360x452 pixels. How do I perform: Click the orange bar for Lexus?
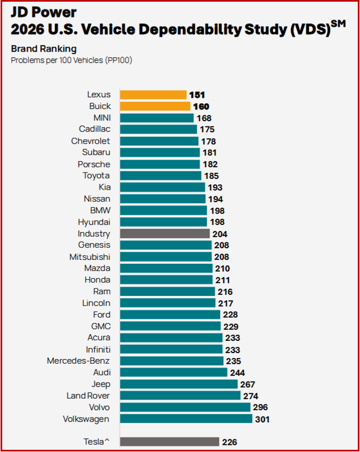coord(153,95)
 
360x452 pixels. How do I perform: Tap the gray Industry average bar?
coord(164,234)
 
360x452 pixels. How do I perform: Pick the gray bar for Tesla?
coord(169,442)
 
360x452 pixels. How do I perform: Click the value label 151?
coord(197,95)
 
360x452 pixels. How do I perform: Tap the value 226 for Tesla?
coord(229,442)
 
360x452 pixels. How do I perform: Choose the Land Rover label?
coord(88,396)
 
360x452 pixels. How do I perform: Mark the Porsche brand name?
coord(94,164)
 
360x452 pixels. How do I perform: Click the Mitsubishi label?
coord(89,257)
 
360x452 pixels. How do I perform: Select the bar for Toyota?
coord(161,176)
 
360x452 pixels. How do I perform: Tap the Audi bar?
coord(173,373)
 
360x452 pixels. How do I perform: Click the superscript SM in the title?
coord(338,23)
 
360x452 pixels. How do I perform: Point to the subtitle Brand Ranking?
coord(44,48)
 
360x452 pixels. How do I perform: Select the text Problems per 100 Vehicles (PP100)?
coord(71,59)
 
